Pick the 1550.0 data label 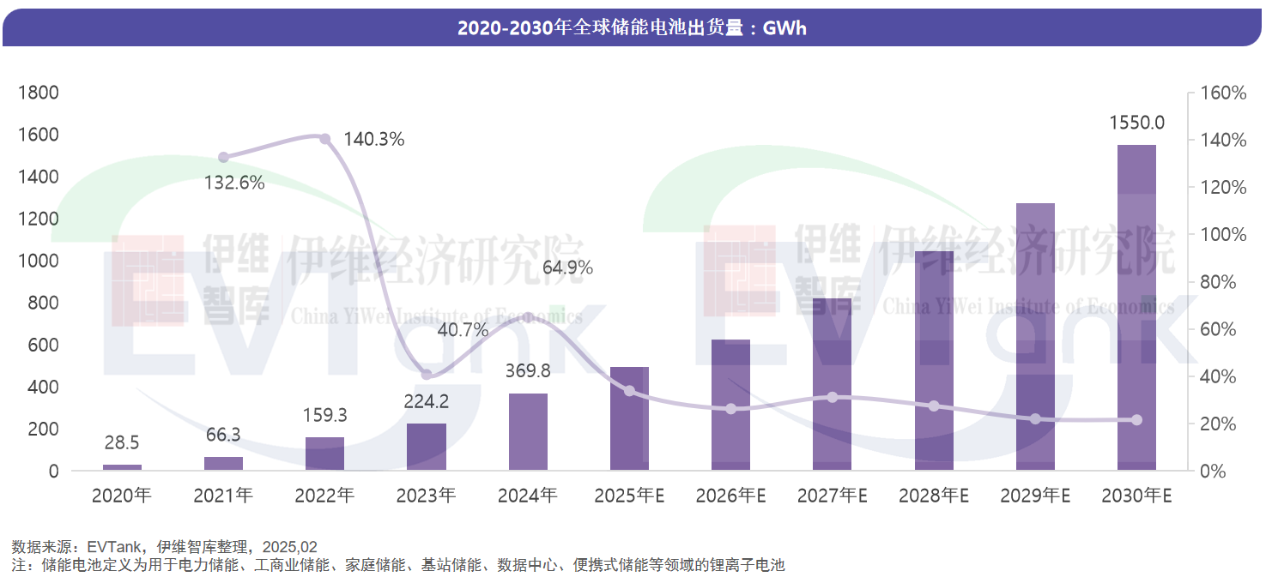click(1136, 123)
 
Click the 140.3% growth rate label click(373, 139)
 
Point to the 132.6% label click(234, 182)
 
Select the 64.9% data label click(567, 267)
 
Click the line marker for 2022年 click(325, 139)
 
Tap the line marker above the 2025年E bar click(629, 391)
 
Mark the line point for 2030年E click(1136, 420)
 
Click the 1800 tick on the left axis click(39, 93)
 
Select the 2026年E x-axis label click(730, 496)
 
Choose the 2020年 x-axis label click(122, 496)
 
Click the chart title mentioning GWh click(632, 28)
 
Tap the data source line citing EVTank click(164, 546)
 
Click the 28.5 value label click(122, 442)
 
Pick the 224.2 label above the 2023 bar click(427, 401)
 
